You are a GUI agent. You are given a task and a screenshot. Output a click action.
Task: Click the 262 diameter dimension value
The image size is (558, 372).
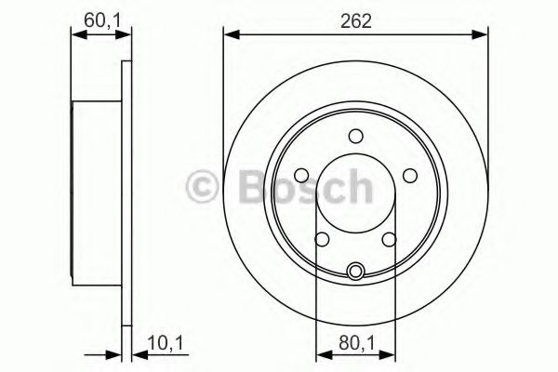[x=355, y=20]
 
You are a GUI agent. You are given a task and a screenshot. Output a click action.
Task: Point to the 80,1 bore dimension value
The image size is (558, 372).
[x=355, y=343]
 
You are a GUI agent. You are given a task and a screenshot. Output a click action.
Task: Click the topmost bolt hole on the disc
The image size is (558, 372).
[x=355, y=137]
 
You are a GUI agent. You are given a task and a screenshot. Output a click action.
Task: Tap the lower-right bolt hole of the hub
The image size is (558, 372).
[x=388, y=239]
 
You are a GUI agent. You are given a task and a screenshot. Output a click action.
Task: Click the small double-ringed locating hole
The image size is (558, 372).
[x=355, y=272]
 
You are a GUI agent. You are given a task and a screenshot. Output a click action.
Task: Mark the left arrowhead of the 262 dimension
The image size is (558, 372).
[x=229, y=35]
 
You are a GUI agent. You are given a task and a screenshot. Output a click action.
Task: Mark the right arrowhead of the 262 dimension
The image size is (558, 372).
[x=483, y=35]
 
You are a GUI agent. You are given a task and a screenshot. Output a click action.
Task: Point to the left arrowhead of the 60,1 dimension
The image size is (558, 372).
[x=78, y=35]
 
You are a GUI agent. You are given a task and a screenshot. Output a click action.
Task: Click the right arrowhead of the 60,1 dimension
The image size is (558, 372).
[x=121, y=35]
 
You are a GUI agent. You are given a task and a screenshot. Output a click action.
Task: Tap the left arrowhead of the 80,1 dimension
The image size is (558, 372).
[x=322, y=354]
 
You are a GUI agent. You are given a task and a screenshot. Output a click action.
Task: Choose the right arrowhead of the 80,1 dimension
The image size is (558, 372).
[x=389, y=354]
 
